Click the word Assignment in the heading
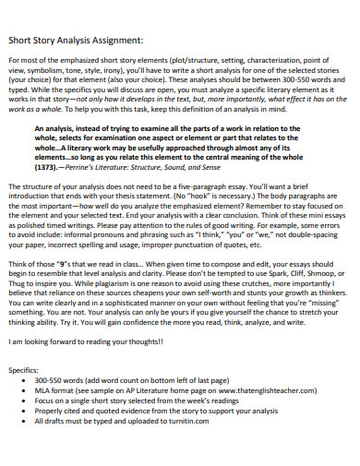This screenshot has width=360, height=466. click(x=114, y=41)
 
